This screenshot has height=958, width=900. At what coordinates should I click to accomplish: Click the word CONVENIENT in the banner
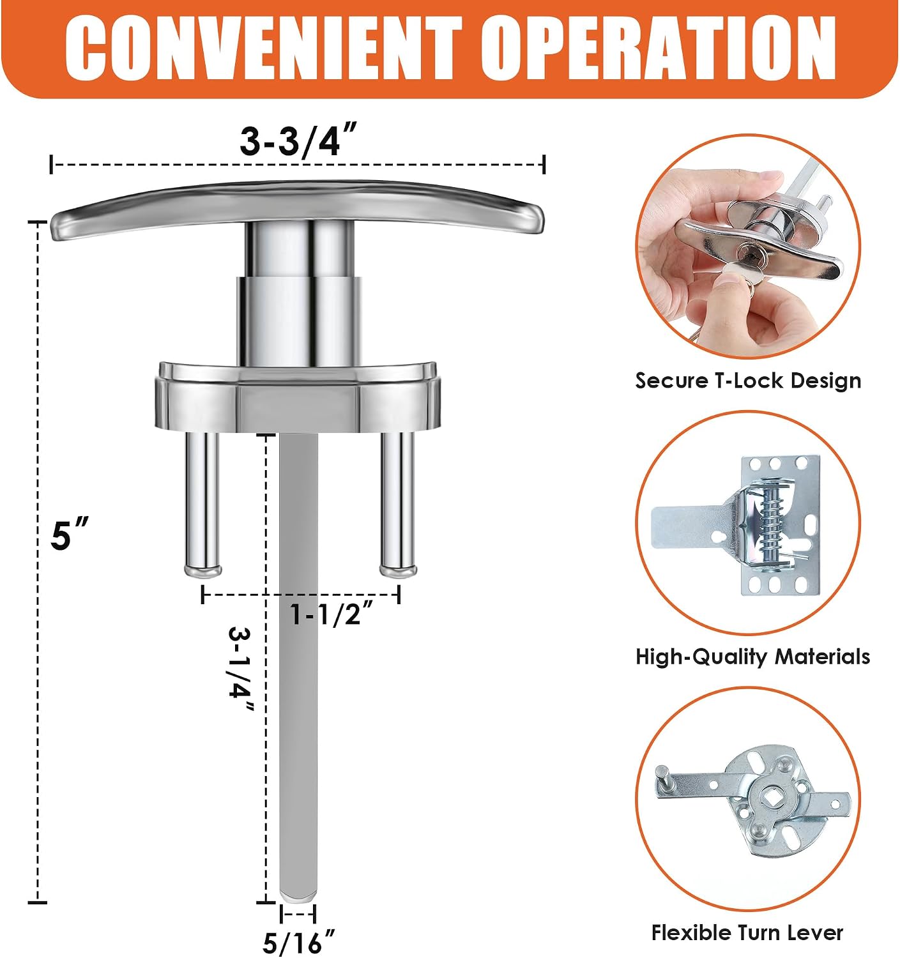point(263,49)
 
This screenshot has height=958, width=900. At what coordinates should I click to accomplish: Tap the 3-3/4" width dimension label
point(298,139)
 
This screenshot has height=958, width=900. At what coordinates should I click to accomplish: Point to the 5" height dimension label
point(70,533)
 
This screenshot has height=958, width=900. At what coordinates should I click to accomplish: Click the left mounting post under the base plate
point(202,503)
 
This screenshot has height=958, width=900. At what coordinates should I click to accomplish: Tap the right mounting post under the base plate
point(397,503)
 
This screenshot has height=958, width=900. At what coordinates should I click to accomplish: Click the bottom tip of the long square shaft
point(298,900)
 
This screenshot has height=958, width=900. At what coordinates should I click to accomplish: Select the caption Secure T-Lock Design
point(748,381)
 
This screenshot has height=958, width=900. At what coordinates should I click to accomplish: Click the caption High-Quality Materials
point(753,657)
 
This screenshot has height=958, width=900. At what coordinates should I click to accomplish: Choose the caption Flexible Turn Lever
point(747,933)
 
